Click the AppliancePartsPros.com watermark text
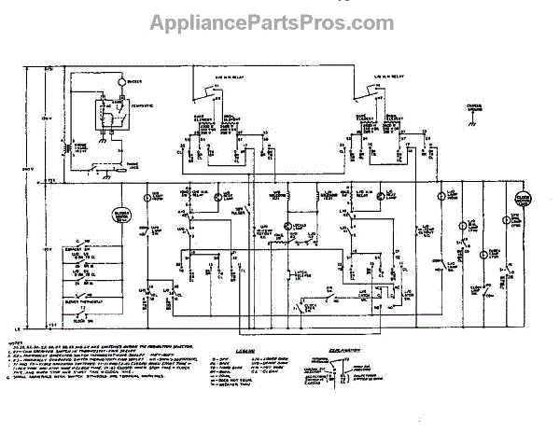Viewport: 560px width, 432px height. pos(279,20)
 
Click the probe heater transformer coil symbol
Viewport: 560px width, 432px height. pos(65,146)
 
